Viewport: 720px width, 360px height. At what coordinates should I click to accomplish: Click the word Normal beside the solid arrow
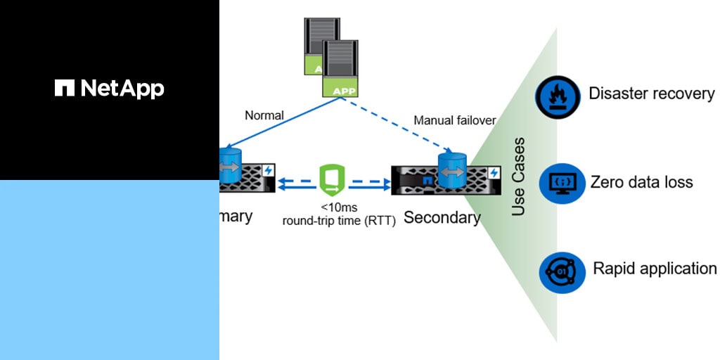tap(264, 115)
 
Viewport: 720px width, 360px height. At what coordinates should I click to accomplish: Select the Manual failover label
tap(454, 120)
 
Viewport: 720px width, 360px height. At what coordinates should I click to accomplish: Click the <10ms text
tap(337, 207)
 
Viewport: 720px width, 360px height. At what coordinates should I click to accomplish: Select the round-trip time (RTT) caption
tap(338, 220)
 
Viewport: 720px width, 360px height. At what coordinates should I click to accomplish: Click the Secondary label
tap(442, 217)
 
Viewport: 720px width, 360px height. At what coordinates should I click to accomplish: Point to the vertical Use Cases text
tap(518, 176)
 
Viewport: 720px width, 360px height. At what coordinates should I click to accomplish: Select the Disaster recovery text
tap(651, 94)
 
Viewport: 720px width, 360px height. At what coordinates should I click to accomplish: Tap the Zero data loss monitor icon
tap(562, 183)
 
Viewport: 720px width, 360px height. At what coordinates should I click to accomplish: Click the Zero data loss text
tap(641, 182)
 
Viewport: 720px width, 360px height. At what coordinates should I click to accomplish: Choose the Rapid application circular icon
tap(562, 272)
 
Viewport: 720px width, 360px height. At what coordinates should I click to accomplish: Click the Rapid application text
tap(655, 269)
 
